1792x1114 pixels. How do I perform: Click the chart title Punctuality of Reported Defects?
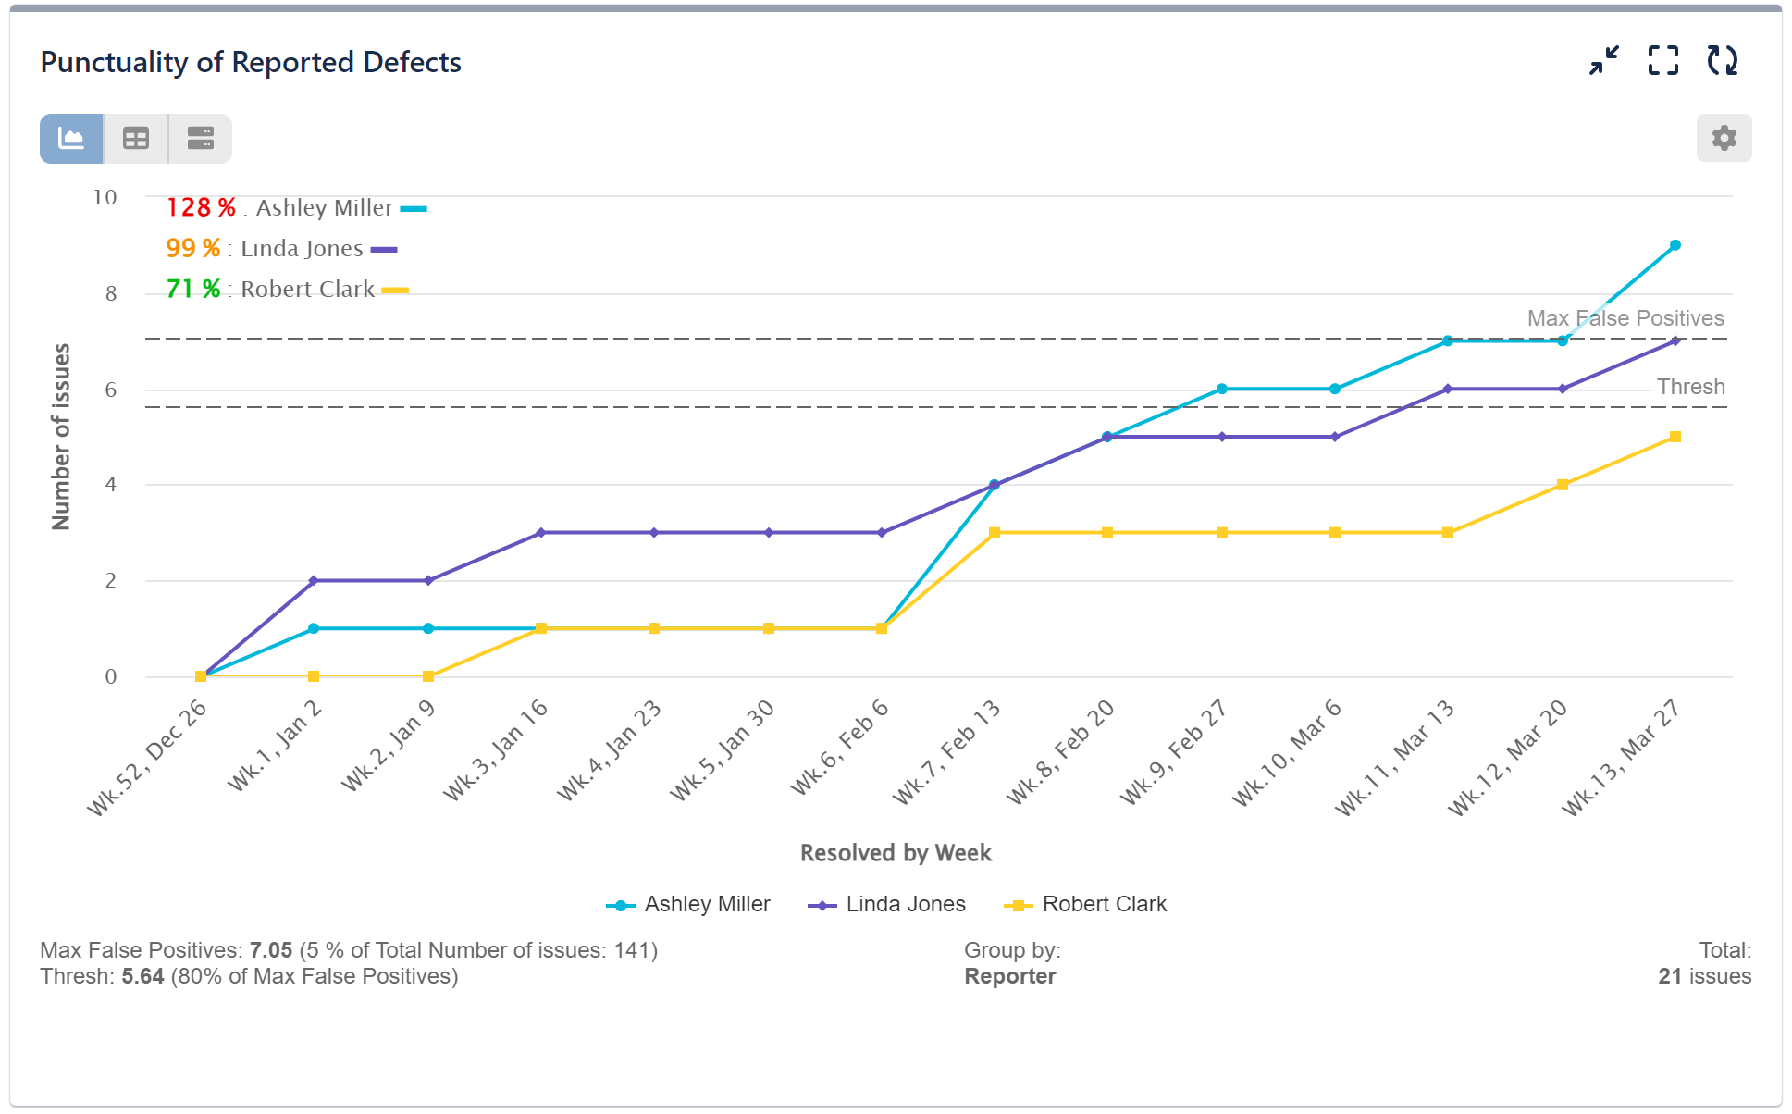click(x=251, y=62)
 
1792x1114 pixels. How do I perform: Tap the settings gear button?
click(x=1723, y=139)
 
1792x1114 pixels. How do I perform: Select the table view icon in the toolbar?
click(x=136, y=139)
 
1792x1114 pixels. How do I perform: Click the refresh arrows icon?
click(x=1722, y=61)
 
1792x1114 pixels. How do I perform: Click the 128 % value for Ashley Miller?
click(x=200, y=207)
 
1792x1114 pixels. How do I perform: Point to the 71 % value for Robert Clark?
click(x=192, y=289)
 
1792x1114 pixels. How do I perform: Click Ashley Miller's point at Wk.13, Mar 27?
click(x=1675, y=245)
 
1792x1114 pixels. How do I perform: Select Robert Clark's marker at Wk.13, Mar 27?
click(x=1675, y=437)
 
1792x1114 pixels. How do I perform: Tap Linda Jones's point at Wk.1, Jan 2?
click(x=314, y=580)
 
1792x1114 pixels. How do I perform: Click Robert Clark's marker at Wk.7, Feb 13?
click(x=995, y=533)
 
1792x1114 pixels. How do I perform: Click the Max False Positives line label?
click(x=1625, y=318)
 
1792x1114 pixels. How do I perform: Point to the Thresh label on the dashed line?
click(x=1690, y=387)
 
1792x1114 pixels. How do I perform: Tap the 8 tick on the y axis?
click(x=111, y=294)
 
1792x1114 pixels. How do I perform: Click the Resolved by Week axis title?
click(x=895, y=853)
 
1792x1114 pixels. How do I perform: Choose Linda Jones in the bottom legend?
click(x=904, y=904)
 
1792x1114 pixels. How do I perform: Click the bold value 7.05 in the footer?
click(x=270, y=950)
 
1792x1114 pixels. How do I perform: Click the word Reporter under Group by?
click(x=1009, y=976)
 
